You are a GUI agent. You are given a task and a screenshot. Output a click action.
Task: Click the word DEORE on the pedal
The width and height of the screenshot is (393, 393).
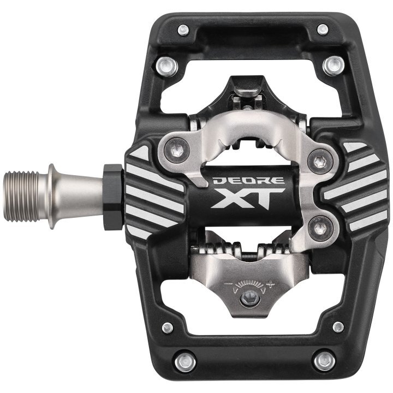[249, 181]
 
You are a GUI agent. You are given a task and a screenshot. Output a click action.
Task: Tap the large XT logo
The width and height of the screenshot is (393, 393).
[248, 198]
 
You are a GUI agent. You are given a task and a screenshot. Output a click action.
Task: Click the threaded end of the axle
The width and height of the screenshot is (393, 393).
[22, 196]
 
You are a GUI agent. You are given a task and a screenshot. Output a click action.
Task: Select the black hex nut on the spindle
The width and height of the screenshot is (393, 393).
[114, 197]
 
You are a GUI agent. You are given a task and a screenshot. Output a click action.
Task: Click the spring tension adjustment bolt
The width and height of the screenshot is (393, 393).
[249, 298]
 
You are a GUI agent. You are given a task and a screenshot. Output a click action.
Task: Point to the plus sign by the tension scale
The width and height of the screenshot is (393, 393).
[270, 284]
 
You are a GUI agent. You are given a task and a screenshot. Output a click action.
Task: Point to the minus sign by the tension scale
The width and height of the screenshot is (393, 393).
[228, 284]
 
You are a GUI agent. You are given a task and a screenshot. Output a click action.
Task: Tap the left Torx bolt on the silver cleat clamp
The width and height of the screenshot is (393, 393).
[177, 151]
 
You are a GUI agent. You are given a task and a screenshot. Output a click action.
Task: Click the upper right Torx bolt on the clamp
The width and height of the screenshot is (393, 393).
[320, 161]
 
